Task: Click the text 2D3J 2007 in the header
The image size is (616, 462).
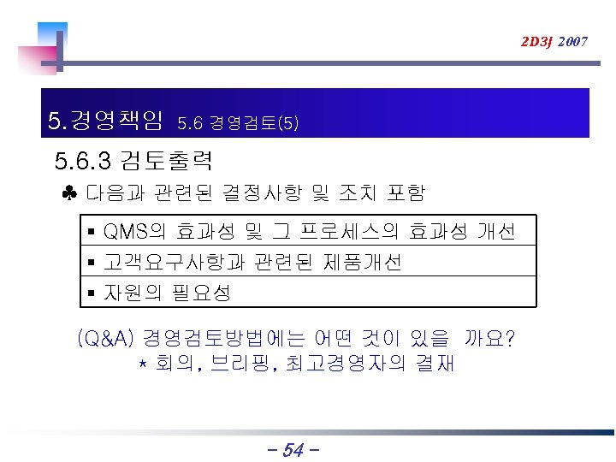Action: [554, 41]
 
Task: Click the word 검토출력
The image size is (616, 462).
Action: [167, 160]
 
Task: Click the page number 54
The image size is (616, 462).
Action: [293, 449]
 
